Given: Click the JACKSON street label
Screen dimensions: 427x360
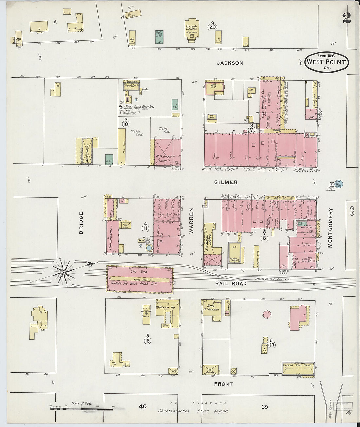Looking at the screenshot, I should coord(230,63).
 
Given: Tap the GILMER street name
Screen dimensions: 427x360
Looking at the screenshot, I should coord(226,182).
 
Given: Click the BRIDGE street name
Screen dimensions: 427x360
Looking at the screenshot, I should coord(81,222).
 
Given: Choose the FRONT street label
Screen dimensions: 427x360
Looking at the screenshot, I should coord(224,384).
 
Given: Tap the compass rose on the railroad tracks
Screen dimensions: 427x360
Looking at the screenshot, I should coord(64,271).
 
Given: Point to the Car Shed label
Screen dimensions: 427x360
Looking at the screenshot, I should coord(139,272).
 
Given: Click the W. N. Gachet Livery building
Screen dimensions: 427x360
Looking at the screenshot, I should coord(167,152).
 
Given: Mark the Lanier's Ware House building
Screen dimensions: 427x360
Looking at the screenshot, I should coord(298,369).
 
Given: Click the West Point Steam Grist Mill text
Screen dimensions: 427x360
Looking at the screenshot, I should coord(137,107).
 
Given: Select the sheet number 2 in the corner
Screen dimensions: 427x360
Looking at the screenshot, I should coord(347,18).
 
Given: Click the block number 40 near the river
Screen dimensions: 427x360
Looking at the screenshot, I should coord(142,407).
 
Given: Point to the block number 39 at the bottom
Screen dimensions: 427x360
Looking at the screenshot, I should coord(265,407).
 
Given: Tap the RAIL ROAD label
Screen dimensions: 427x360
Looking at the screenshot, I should coord(231,284).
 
